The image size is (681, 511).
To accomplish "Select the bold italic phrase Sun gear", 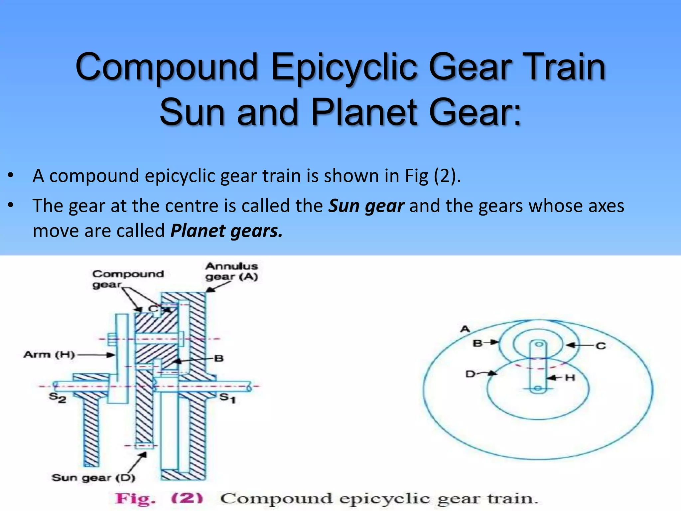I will [366, 206].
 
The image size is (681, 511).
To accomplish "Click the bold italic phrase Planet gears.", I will [226, 231].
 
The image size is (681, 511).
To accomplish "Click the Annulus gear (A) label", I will [231, 271].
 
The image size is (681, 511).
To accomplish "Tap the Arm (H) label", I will [49, 355].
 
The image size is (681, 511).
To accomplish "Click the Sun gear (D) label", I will [93, 478].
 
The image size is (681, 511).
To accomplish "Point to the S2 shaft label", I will [58, 398].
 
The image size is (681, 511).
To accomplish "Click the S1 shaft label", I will [228, 398].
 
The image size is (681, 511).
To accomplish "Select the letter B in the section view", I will [219, 359].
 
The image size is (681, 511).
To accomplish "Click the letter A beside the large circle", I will [465, 329].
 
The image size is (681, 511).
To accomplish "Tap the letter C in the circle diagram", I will [601, 346].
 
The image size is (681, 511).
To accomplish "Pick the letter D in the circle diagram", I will [470, 374].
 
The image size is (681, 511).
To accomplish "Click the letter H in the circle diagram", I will [570, 378].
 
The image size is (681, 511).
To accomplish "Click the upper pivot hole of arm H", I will [539, 344].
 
